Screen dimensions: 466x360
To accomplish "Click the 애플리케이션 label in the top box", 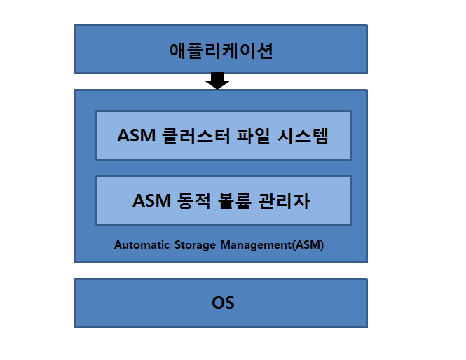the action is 221,50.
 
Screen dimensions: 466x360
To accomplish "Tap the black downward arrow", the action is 217,81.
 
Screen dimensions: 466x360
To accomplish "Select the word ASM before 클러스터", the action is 136,136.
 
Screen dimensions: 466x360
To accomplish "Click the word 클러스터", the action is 196,136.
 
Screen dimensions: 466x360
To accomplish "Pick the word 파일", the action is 253,136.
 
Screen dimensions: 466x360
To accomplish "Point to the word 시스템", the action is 303,136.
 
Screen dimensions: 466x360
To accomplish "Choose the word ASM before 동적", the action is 151,200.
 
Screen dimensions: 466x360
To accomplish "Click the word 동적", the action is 193,201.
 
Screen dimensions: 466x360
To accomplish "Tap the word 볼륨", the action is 235,201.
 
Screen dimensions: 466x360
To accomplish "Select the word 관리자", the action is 284,201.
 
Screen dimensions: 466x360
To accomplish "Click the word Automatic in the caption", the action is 142,244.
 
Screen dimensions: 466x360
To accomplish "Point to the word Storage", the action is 195,245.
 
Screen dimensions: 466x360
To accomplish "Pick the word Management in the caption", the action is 256,245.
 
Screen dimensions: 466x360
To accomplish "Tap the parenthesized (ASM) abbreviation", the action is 308,245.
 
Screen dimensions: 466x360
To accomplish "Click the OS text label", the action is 223,303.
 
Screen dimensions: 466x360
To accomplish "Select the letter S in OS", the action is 229,303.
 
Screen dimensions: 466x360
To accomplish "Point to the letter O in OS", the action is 217,303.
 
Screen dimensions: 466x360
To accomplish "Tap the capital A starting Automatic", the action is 118,244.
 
